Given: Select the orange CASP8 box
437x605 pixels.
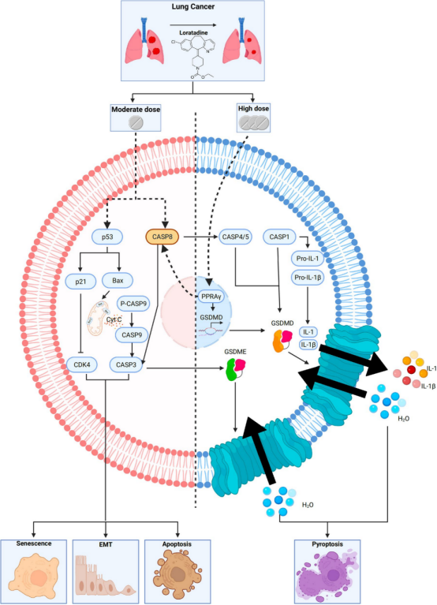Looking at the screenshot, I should (x=165, y=236).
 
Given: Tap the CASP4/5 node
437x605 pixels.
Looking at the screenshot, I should (x=237, y=236).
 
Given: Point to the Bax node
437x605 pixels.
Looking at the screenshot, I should (x=121, y=280).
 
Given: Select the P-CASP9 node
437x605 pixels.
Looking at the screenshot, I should (x=136, y=302).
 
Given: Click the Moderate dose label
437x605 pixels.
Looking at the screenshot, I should (x=136, y=107).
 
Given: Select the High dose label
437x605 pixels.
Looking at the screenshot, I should (x=255, y=107).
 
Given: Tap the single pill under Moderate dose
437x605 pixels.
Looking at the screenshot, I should (x=136, y=123).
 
